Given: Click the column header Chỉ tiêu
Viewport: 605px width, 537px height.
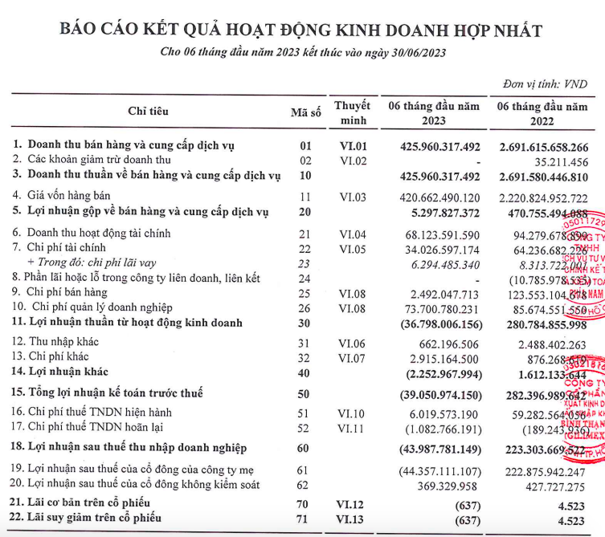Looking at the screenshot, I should [149, 112].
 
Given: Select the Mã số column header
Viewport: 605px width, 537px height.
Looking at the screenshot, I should [305, 112].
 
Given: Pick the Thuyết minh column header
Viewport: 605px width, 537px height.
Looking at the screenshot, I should [352, 112].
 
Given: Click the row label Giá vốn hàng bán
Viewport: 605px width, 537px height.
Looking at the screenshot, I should [72, 196].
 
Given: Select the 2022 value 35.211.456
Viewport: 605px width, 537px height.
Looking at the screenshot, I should [554, 161].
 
